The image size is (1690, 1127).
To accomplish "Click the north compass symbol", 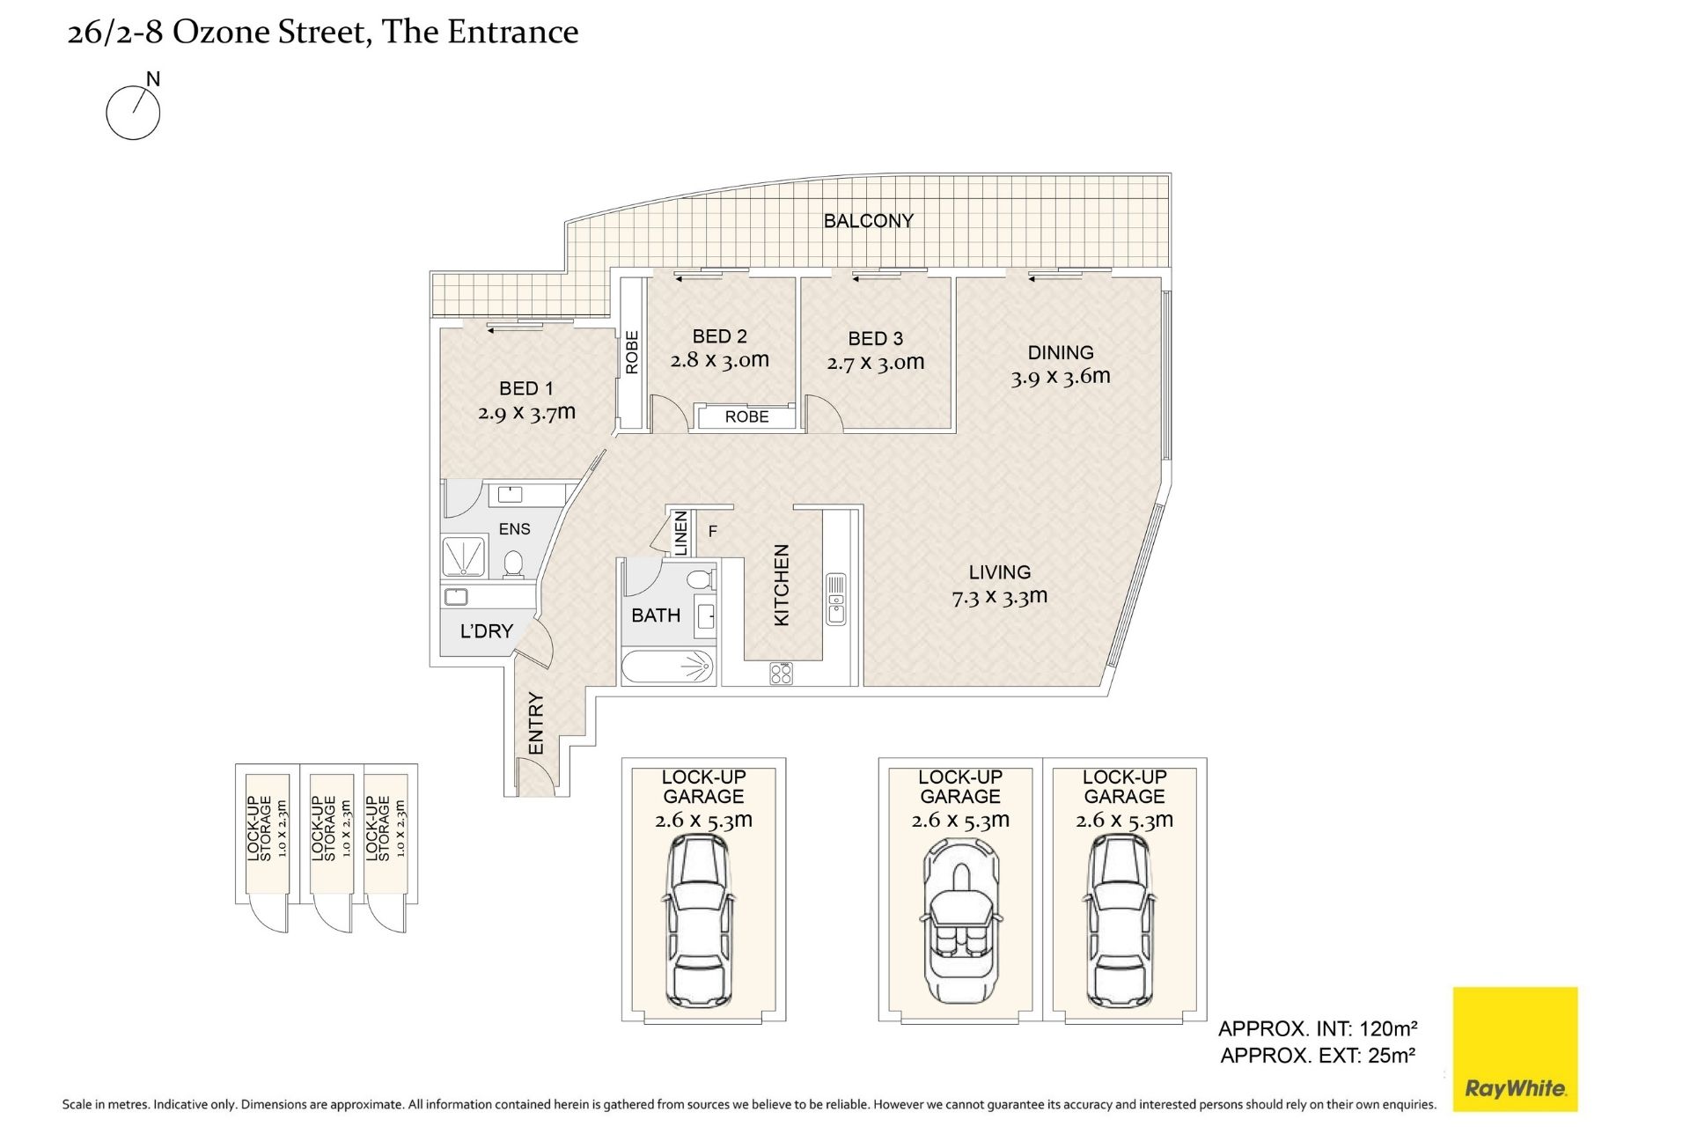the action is (x=133, y=113).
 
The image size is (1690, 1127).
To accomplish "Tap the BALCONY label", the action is (x=868, y=220).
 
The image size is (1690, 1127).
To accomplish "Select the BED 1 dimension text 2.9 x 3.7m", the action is (x=526, y=411).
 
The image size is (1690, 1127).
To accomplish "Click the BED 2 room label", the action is (x=719, y=335).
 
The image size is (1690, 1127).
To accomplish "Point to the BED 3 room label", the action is (x=875, y=338).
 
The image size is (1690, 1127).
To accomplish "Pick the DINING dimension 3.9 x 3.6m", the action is (x=1060, y=377).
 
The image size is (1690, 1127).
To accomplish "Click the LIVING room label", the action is (x=999, y=572).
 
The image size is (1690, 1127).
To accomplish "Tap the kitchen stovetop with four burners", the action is (x=781, y=674).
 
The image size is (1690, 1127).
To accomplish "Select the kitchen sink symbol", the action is (x=835, y=599).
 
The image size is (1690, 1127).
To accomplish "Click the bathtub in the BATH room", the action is (x=666, y=667).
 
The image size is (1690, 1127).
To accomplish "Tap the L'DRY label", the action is (x=486, y=630).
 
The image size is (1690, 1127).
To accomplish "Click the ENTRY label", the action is (x=535, y=724).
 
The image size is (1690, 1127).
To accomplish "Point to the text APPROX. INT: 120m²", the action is (x=1318, y=1028).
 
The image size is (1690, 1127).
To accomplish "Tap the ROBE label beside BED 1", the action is (x=631, y=352).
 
